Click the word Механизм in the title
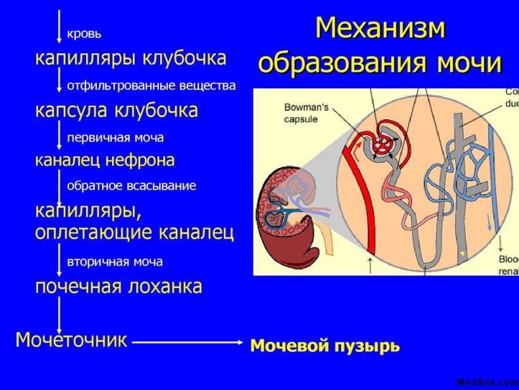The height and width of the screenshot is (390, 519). pyautogui.click(x=380, y=29)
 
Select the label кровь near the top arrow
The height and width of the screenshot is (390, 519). pyautogui.click(x=84, y=34)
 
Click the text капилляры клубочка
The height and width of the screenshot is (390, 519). pyautogui.click(x=130, y=58)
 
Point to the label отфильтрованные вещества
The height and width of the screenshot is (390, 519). pyautogui.click(x=151, y=85)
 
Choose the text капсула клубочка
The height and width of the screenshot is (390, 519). pyautogui.click(x=116, y=110)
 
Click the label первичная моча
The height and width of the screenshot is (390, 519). pyautogui.click(x=115, y=137)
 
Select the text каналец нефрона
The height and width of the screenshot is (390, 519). pyautogui.click(x=104, y=160)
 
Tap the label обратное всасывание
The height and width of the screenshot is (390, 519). pyautogui.click(x=131, y=186)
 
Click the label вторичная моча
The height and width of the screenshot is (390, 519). pyautogui.click(x=115, y=261)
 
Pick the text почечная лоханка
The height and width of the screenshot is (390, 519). pyautogui.click(x=118, y=286)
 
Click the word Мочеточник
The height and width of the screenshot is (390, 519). pyautogui.click(x=71, y=340)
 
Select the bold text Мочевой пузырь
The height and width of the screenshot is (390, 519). pyautogui.click(x=325, y=346)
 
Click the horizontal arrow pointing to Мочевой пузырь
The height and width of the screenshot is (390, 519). pyautogui.click(x=187, y=342)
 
